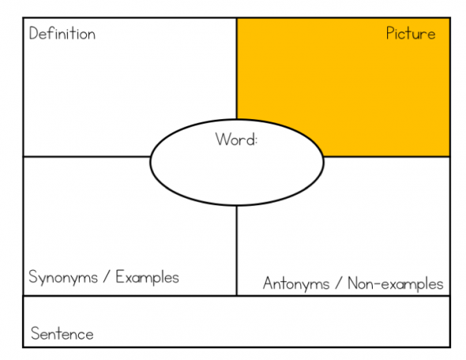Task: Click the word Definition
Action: coord(62,33)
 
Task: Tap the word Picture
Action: coord(411,33)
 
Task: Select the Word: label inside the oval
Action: coord(236,139)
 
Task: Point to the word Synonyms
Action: coord(63,277)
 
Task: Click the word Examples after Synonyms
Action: coord(147,277)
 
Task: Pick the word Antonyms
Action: coord(296,283)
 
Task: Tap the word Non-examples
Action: coord(396,283)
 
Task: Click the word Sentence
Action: coord(62,333)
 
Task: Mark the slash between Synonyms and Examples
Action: coord(107,277)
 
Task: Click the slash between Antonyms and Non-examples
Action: coord(339,283)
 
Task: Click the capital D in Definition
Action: coord(34,33)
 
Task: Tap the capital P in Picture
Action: coord(390,33)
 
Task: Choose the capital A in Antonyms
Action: coord(269,283)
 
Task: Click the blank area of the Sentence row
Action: coord(268,321)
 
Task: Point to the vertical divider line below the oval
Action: coord(237,250)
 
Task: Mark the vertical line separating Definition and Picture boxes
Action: coord(237,69)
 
